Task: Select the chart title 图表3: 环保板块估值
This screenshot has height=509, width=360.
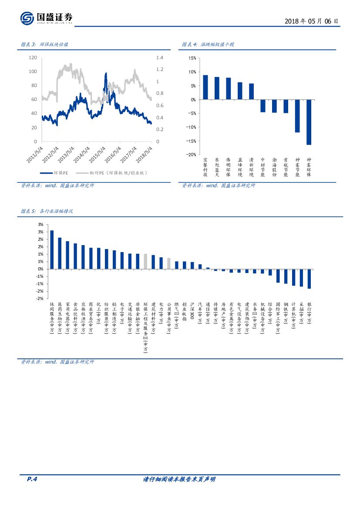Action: pos(45,44)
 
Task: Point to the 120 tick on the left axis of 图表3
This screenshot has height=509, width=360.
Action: pos(33,57)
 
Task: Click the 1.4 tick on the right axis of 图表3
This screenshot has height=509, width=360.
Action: pos(159,57)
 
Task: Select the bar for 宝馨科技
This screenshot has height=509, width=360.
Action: pos(205,87)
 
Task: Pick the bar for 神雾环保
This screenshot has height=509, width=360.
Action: pos(309,122)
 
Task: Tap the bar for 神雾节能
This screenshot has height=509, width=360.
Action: pos(297,116)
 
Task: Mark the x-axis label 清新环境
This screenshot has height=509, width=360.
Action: pos(251,167)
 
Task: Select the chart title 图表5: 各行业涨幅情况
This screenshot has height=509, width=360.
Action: pos(47,211)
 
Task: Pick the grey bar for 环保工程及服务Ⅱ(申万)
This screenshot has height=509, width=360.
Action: pos(145,261)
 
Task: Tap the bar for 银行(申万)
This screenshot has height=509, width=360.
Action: pos(309,279)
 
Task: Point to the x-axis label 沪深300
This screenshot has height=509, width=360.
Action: pos(192,312)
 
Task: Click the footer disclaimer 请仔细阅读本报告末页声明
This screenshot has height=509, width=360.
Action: pos(179,479)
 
